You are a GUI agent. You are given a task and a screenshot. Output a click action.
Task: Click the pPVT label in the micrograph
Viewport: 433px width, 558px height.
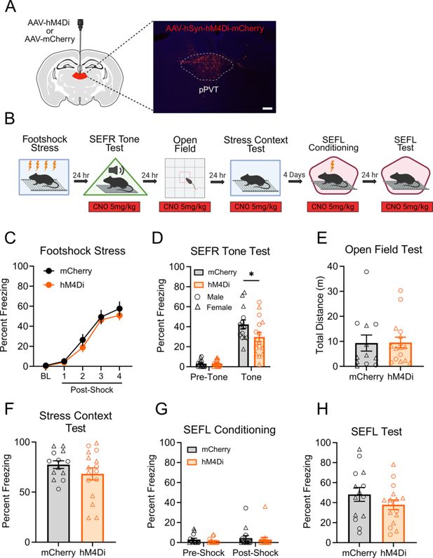coord(208,89)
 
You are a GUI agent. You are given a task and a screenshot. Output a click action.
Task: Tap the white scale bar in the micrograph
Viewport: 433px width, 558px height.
coord(267,108)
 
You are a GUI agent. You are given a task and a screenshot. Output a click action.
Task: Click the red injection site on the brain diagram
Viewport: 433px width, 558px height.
coord(80,76)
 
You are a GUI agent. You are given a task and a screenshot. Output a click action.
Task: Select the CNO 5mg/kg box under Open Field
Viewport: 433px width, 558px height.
coord(185,207)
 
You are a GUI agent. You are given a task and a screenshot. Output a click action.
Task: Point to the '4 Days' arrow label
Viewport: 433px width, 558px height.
coord(294,175)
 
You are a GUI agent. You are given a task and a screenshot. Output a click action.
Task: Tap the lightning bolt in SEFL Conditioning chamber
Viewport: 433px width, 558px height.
coord(333,166)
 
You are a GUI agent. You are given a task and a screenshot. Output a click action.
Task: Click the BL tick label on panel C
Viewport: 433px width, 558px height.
coord(46,376)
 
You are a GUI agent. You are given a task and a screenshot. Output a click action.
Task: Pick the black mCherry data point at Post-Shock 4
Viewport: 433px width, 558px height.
coord(119,309)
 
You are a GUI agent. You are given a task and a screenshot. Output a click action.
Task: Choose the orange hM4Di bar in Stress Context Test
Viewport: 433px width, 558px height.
coord(93,508)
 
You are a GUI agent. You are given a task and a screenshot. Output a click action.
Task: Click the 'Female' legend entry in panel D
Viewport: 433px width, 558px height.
coord(214,307)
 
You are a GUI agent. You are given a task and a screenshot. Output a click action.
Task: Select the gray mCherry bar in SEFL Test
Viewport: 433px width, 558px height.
coord(359,519)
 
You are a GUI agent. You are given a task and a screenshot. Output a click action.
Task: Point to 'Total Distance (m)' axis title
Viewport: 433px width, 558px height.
coord(320,315)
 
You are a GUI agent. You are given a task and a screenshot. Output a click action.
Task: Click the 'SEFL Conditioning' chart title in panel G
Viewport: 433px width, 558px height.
coord(229,430)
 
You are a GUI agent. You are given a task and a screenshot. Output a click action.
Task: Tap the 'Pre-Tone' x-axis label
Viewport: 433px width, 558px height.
coord(208,377)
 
